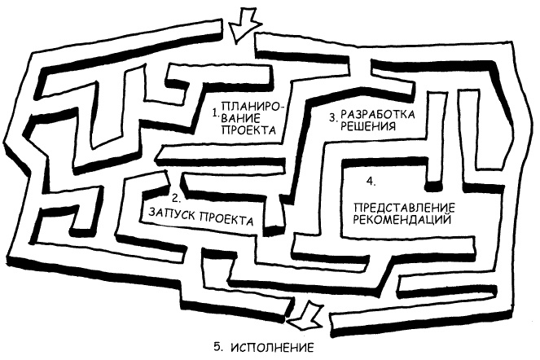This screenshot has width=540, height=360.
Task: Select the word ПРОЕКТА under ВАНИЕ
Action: click(239, 130)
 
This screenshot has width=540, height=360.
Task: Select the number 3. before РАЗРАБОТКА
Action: click(333, 117)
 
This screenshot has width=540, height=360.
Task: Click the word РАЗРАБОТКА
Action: click(378, 113)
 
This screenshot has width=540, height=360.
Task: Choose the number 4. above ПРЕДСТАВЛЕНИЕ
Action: click(371, 179)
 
